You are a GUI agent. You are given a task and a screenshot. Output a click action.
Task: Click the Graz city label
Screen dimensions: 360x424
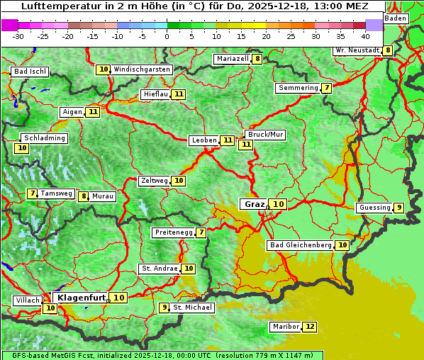tap(254, 204)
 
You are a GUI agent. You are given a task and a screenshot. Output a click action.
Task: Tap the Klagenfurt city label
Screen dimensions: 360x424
tap(82, 298)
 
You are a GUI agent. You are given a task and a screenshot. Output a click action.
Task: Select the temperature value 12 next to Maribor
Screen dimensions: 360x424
tap(310, 327)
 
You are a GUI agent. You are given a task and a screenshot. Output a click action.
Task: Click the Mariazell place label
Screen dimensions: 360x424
tap(233, 59)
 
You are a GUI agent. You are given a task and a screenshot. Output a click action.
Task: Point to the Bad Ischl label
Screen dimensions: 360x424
tap(30, 72)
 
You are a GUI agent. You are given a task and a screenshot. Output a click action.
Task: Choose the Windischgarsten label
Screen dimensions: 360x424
tap(142, 69)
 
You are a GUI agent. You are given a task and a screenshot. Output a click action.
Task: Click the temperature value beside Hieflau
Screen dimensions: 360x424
tap(179, 94)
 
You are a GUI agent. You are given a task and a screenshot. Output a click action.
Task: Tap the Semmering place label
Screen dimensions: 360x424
tap(299, 88)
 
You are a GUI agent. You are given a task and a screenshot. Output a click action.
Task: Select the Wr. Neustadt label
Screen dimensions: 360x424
tap(357, 50)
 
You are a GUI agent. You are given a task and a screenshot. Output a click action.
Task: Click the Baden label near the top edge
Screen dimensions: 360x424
tap(396, 18)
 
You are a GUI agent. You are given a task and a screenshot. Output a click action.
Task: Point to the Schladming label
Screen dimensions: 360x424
tap(44, 138)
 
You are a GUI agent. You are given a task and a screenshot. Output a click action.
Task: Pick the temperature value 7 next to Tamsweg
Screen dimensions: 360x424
tap(32, 193)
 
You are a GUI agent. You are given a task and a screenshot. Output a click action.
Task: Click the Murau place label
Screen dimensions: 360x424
tap(103, 196)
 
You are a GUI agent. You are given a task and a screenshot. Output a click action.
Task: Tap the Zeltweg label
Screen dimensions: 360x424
tap(154, 181)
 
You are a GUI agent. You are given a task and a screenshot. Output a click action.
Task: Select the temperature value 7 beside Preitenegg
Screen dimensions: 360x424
tap(201, 232)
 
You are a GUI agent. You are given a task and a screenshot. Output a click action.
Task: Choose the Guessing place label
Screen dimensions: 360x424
tap(374, 208)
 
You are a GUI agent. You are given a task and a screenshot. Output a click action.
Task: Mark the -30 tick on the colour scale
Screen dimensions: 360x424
tap(18, 36)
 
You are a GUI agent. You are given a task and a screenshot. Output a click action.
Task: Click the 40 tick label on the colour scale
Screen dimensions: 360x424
tap(365, 36)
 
